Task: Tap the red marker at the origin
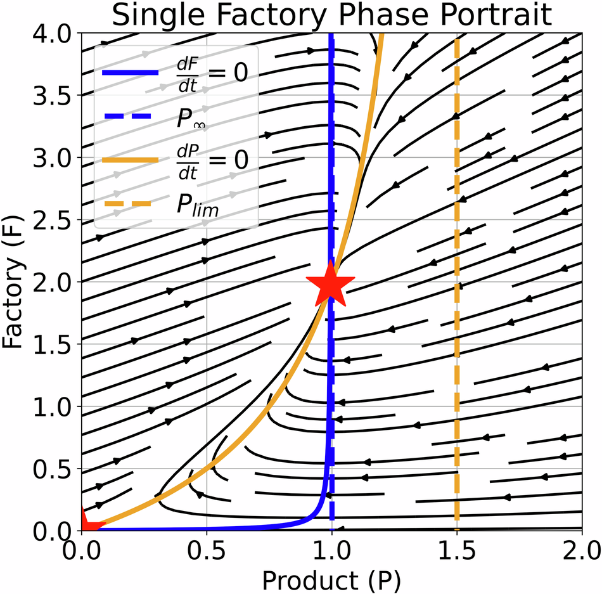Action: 87,523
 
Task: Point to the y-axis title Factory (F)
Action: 14,281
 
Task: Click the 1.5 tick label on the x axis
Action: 456,548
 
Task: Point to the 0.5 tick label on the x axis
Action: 207,548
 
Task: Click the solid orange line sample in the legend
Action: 131,162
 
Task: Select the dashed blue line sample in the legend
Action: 131,117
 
